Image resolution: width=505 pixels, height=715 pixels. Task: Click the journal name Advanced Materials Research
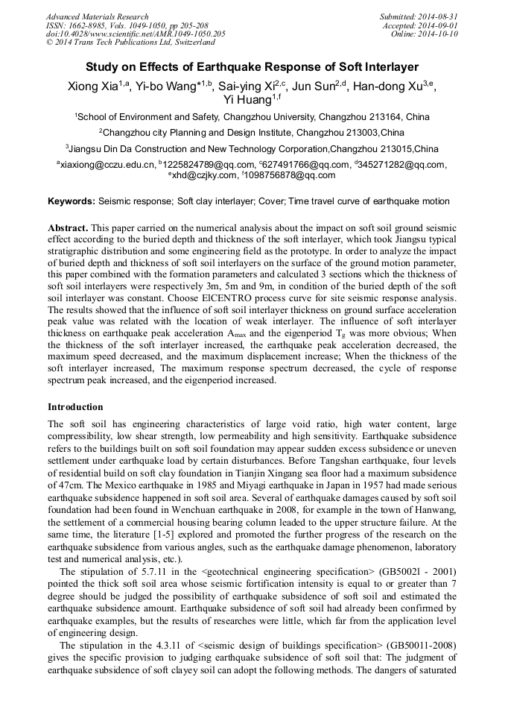click(x=97, y=16)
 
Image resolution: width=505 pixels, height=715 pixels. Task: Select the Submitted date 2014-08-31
click(x=438, y=16)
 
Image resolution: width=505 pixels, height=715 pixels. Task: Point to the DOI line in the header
click(x=136, y=34)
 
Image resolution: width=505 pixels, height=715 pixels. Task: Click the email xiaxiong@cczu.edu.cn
click(x=108, y=165)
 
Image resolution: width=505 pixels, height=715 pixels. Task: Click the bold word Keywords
click(x=72, y=202)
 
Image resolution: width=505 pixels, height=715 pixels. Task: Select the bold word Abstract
click(x=68, y=227)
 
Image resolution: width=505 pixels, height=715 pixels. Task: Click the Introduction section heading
click(x=76, y=407)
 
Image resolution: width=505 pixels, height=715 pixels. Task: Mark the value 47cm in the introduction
click(x=60, y=482)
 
